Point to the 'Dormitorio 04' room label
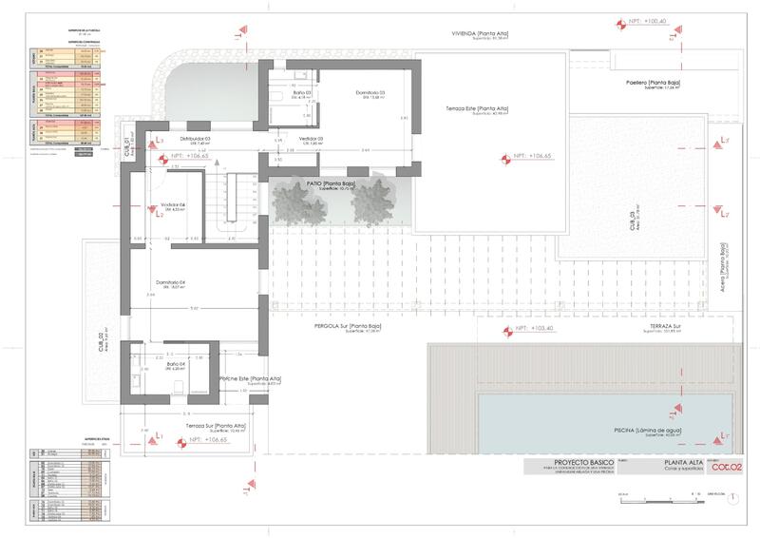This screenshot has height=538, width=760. [171, 282]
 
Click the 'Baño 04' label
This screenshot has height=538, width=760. [175, 365]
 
